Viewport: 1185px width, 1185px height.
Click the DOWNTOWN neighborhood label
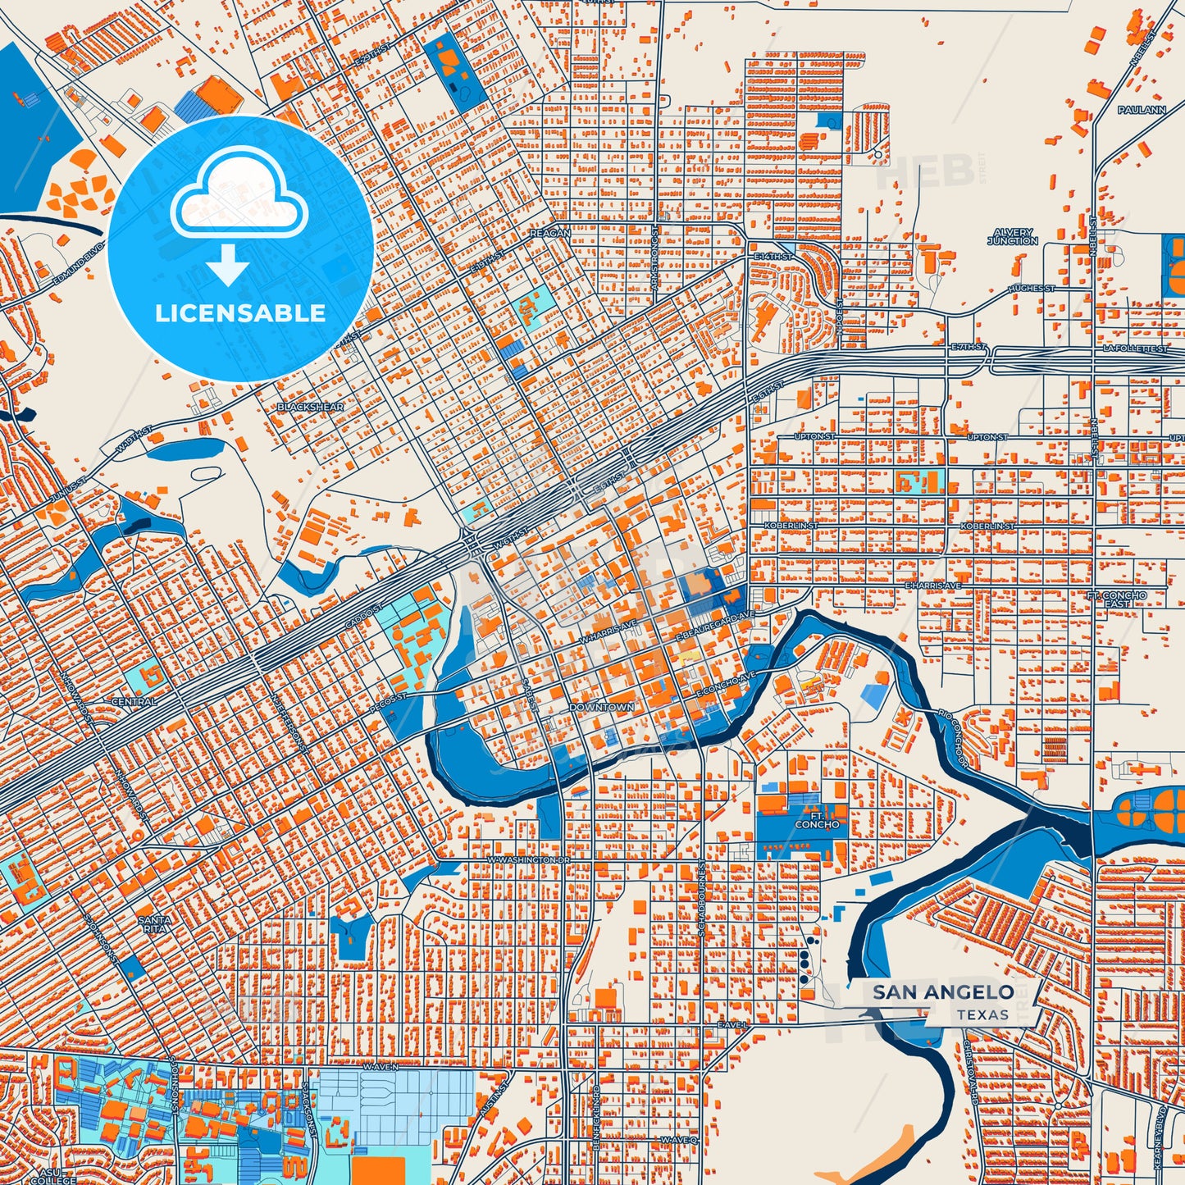(601, 707)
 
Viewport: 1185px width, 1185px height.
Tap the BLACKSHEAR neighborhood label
(310, 407)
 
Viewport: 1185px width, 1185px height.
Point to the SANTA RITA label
(154, 924)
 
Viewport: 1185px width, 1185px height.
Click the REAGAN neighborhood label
(549, 233)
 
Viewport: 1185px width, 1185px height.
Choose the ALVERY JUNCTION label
(1012, 237)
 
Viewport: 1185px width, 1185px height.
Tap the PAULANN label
(1142, 109)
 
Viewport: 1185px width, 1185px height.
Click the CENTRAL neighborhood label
(134, 702)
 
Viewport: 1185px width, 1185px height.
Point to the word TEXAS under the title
(982, 1014)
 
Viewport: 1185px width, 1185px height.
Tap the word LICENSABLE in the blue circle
(240, 313)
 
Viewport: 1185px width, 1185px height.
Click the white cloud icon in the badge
(239, 193)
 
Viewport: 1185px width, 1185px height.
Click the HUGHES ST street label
(1031, 289)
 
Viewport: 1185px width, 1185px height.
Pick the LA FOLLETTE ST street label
(1135, 349)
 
